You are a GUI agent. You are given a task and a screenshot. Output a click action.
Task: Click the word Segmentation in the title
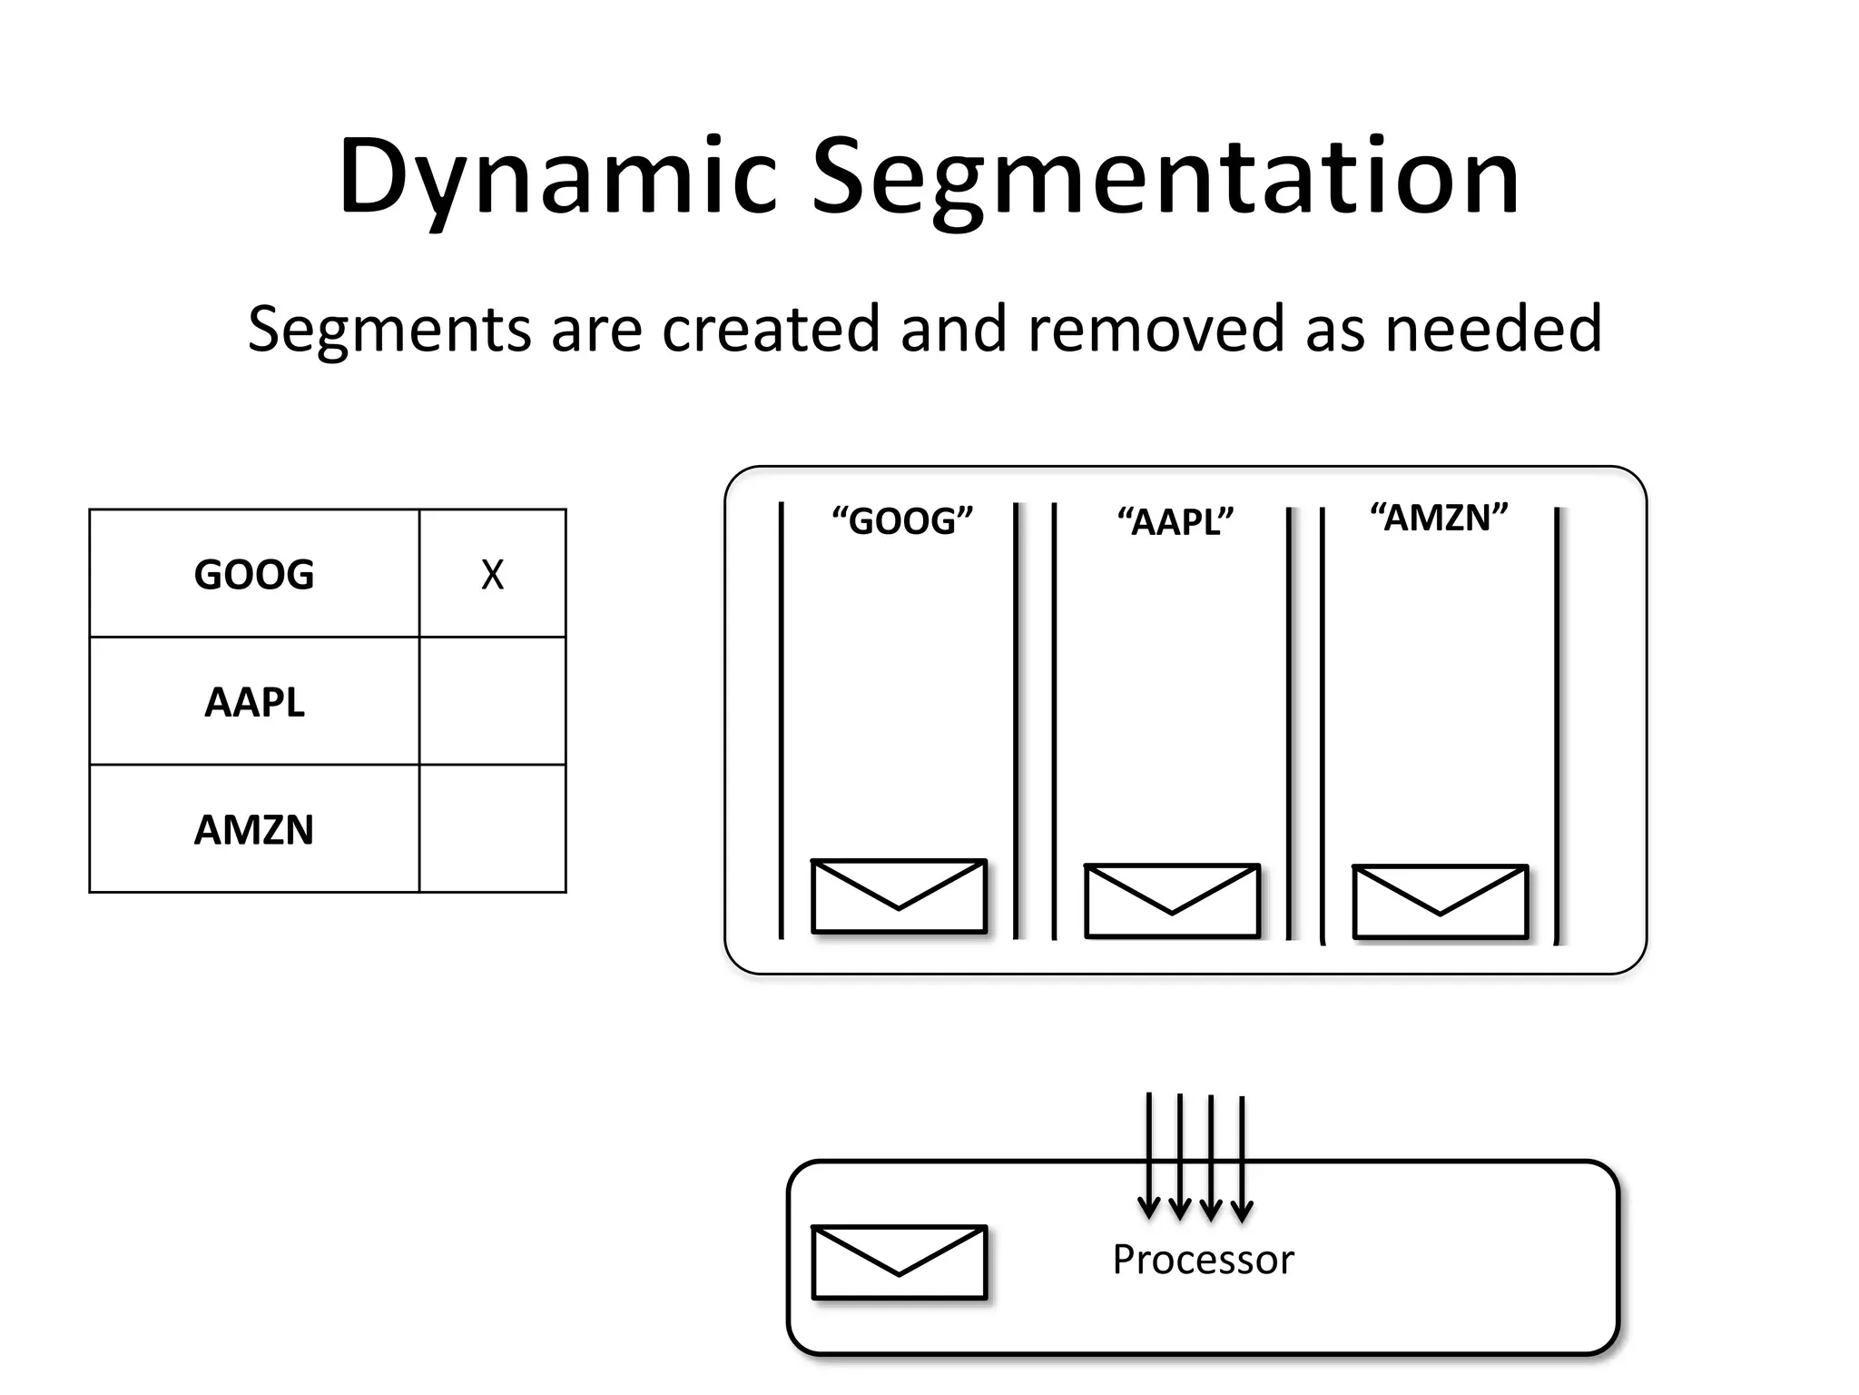click(1165, 177)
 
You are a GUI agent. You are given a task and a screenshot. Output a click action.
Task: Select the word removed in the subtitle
click(1155, 329)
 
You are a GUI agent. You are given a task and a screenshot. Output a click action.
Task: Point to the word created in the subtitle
click(771, 329)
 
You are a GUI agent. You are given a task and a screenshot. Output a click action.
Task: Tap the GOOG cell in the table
click(254, 575)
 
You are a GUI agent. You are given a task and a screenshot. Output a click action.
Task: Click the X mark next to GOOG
click(492, 575)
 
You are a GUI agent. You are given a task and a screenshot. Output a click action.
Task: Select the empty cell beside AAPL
click(492, 702)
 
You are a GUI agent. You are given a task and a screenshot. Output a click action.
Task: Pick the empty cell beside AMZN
click(492, 829)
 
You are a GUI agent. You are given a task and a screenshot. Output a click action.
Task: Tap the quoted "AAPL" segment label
click(1175, 523)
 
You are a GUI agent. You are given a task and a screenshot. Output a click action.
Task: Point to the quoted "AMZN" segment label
click(1439, 519)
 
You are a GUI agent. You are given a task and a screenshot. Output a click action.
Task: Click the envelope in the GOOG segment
click(899, 896)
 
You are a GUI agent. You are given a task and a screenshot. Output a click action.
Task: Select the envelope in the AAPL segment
click(1172, 901)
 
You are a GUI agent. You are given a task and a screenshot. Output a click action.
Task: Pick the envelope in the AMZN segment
click(1440, 902)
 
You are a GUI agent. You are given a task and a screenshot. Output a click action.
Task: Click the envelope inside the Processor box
click(899, 1262)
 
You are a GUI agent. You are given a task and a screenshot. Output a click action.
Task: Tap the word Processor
click(1203, 1261)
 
